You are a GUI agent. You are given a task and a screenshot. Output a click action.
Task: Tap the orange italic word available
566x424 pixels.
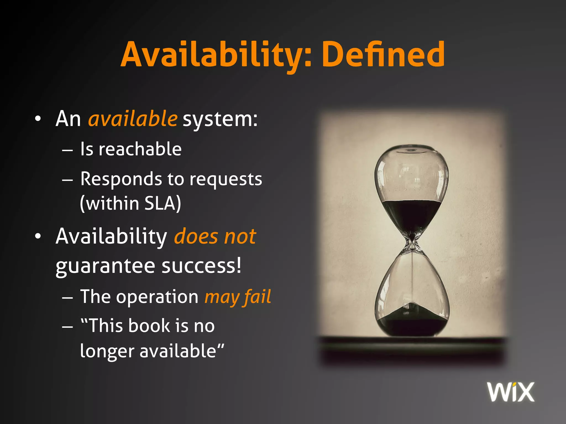(133, 119)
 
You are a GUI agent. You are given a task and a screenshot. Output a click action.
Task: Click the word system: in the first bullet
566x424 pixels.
(220, 120)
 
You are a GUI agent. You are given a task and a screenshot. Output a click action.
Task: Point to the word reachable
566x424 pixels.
(140, 149)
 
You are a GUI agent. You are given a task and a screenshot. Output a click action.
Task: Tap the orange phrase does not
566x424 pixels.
(215, 237)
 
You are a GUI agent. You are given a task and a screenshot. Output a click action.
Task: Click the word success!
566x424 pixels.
(201, 266)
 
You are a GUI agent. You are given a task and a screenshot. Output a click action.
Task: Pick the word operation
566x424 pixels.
(157, 297)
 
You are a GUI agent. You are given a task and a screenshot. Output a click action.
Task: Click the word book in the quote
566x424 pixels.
(149, 326)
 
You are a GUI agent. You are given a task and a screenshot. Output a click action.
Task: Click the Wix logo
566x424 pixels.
(511, 392)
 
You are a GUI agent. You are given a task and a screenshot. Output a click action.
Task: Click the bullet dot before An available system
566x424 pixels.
(38, 119)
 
